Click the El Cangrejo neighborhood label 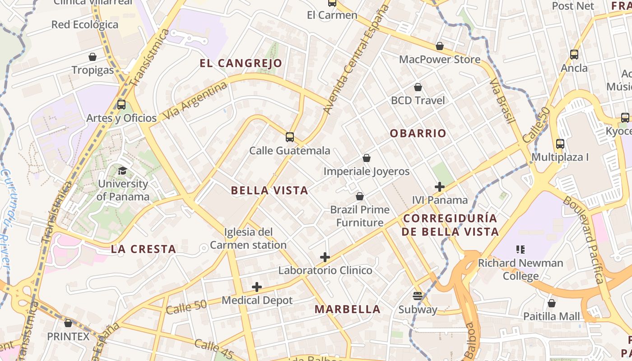click(241, 63)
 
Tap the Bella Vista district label click(270, 190)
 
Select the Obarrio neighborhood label click(418, 134)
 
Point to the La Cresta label click(144, 249)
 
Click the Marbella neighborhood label click(348, 310)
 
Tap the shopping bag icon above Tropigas click(93, 57)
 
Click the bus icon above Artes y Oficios click(121, 105)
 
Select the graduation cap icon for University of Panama click(122, 171)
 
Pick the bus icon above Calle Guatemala click(290, 137)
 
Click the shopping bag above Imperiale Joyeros click(367, 158)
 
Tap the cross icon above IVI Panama click(440, 186)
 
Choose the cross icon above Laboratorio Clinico click(325, 257)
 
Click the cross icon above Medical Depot click(257, 287)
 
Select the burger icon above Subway click(418, 296)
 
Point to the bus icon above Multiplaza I click(560, 144)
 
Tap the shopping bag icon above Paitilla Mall click(551, 303)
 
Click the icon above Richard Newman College click(520, 249)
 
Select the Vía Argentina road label click(195, 100)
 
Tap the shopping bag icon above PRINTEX click(68, 323)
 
